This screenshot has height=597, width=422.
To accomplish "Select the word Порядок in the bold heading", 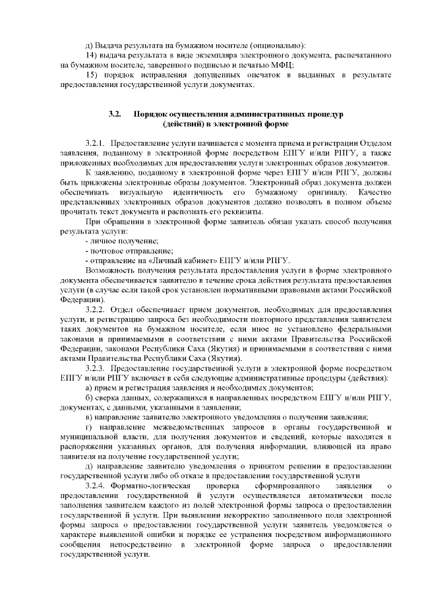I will pos(151,113).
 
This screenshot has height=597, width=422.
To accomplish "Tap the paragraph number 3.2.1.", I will pos(96,142).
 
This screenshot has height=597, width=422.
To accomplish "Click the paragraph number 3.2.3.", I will pos(96,367).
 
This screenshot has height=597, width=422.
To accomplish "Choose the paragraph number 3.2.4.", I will pos(96,486).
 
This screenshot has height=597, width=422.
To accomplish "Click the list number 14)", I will pos(93,55).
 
